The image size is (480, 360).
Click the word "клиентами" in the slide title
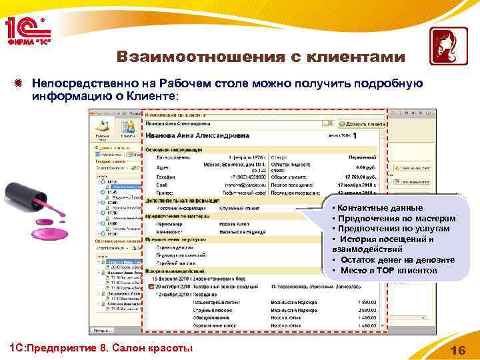pos(354,58)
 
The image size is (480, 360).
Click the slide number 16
pos(458,351)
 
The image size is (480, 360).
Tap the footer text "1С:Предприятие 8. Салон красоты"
pos(99,348)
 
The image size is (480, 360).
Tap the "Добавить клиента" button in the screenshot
pos(363,124)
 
